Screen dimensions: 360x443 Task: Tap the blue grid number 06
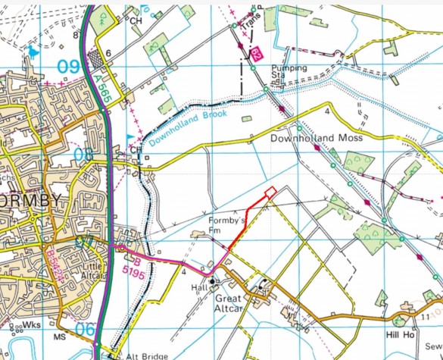coord(85,330)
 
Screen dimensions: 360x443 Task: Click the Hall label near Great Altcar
coord(199,289)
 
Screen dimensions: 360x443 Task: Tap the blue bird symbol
coord(32,53)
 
